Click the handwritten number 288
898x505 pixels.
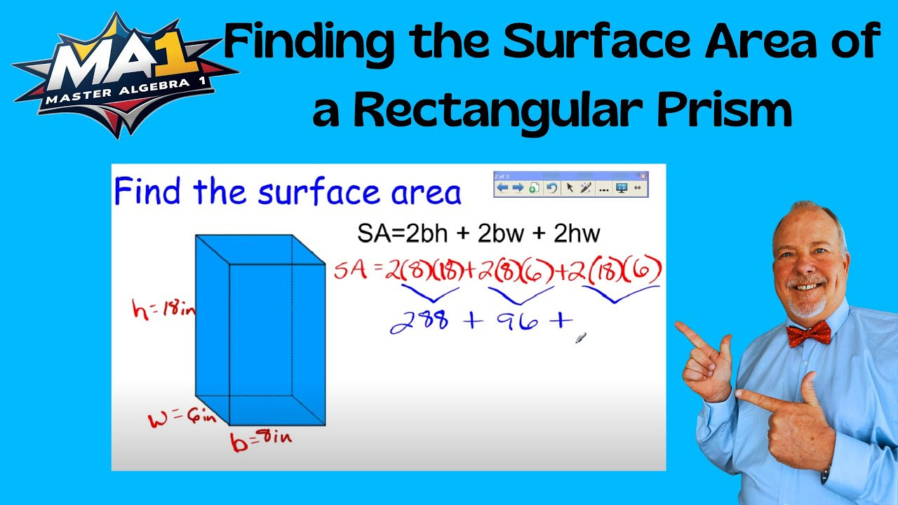tap(420, 321)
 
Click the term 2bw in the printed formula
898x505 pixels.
tap(500, 234)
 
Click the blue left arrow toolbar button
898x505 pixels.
tap(502, 188)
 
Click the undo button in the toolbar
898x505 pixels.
tap(552, 188)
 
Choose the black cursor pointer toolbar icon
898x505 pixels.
tap(570, 188)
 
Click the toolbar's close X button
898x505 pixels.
tap(643, 176)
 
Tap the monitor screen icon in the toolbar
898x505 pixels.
tap(621, 188)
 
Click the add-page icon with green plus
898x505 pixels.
tap(535, 188)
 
